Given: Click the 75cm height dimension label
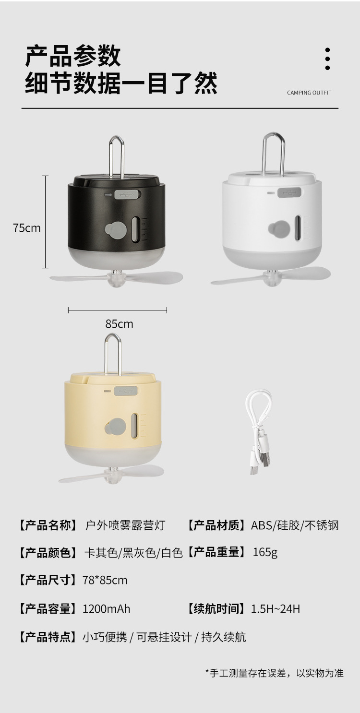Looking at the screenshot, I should [27, 227].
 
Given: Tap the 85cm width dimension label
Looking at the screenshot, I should [119, 324].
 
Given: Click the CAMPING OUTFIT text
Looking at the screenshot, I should [309, 93].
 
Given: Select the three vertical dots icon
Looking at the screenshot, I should [327, 59].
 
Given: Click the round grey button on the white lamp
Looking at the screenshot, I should [276, 229].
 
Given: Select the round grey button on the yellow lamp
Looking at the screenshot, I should [116, 426].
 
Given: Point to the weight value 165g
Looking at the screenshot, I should [265, 552].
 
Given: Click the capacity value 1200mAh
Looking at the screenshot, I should [106, 609].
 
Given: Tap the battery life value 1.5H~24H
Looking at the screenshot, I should [276, 609].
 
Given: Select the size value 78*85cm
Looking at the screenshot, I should [105, 580].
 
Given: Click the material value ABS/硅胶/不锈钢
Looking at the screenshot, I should [295, 525].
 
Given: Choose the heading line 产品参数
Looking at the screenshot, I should [73, 57].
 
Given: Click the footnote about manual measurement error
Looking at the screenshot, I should [274, 673].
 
